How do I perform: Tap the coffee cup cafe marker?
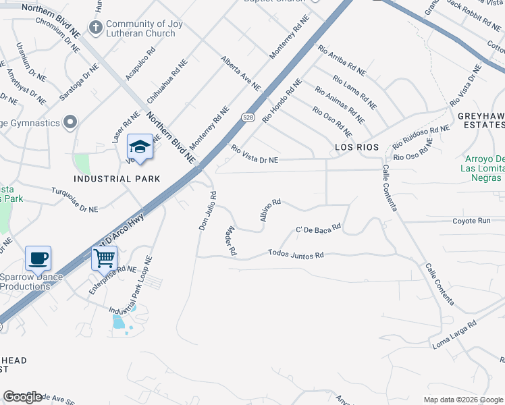click(x=38, y=258)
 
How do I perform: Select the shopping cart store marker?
click(x=104, y=258)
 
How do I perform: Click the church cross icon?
click(x=96, y=28)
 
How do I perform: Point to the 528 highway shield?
click(x=248, y=117)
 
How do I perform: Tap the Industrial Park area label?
click(x=117, y=179)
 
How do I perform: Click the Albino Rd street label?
click(x=269, y=210)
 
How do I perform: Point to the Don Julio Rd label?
click(x=207, y=211)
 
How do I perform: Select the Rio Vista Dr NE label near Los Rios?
click(x=254, y=155)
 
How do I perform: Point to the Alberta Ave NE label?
click(x=240, y=73)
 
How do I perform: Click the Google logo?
click(x=22, y=397)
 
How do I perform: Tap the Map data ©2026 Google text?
click(x=463, y=400)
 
